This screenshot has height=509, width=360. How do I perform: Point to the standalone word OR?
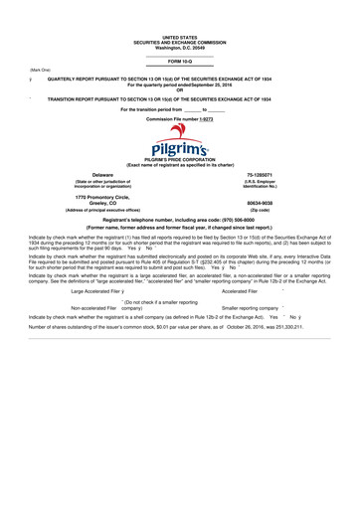point(180,90)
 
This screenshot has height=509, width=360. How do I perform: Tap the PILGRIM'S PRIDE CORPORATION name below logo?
point(180,159)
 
